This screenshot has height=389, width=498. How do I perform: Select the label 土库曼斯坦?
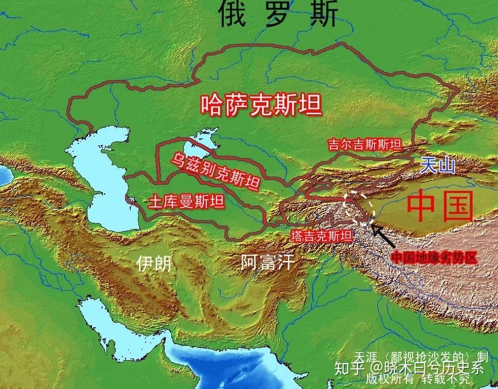point(186,202)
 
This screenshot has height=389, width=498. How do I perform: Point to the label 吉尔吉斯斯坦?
point(364,145)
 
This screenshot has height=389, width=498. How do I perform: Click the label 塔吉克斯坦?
point(322,236)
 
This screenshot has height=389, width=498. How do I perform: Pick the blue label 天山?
point(438,166)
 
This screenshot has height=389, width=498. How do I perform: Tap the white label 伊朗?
point(154,264)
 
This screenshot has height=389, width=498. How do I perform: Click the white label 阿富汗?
point(268,263)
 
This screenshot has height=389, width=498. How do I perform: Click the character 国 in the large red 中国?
point(454,206)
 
